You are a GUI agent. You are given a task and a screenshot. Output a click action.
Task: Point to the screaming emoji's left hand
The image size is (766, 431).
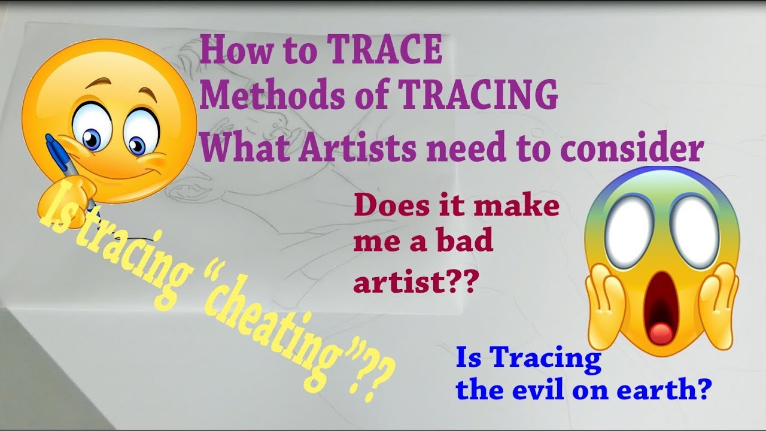[605, 305]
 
